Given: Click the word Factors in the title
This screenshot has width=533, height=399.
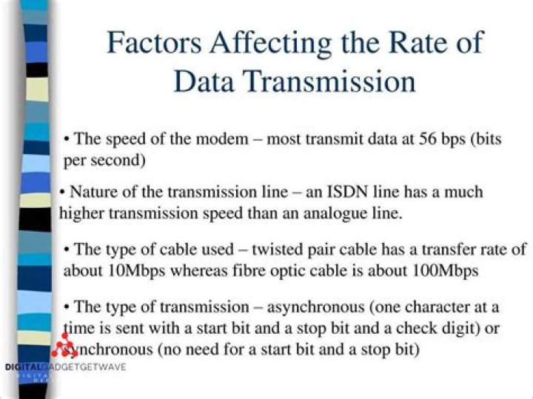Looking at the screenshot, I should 154,42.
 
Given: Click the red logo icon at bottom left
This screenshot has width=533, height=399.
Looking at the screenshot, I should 64,344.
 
